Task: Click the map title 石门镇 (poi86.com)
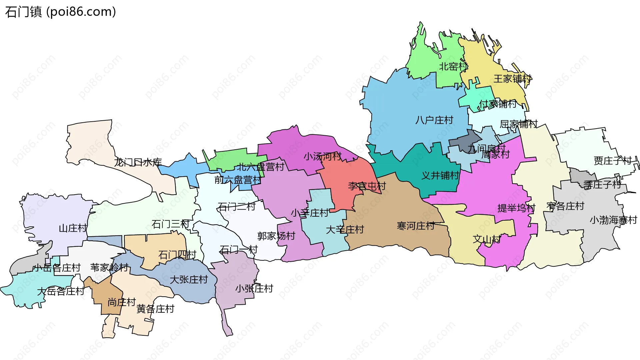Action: (61, 12)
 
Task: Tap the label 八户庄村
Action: (434, 120)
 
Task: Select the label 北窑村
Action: (453, 67)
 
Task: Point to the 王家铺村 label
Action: (512, 79)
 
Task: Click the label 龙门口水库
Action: (138, 162)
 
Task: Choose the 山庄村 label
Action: (73, 228)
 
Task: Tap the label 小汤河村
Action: (322, 156)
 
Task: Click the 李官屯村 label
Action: (367, 186)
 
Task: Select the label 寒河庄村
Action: (416, 226)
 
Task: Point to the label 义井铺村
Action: (440, 175)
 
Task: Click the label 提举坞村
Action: (516, 208)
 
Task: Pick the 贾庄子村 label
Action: (613, 161)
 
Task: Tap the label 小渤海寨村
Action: (613, 220)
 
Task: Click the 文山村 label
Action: (486, 239)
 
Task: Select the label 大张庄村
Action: (189, 279)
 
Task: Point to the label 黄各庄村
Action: (155, 309)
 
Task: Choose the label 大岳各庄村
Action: (61, 291)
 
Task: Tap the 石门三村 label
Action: (170, 224)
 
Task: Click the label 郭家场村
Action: (276, 236)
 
